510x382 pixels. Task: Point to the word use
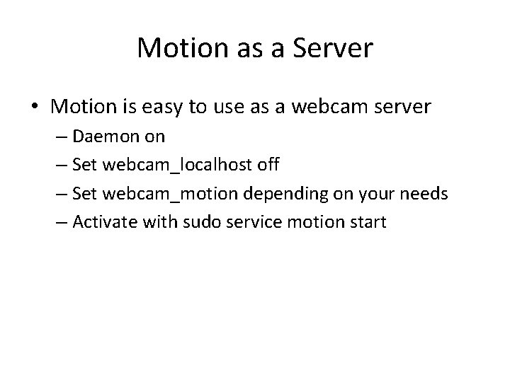[234, 108]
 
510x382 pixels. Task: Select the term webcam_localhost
[178, 166]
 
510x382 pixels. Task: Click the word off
[267, 166]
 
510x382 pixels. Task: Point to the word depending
[275, 195]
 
